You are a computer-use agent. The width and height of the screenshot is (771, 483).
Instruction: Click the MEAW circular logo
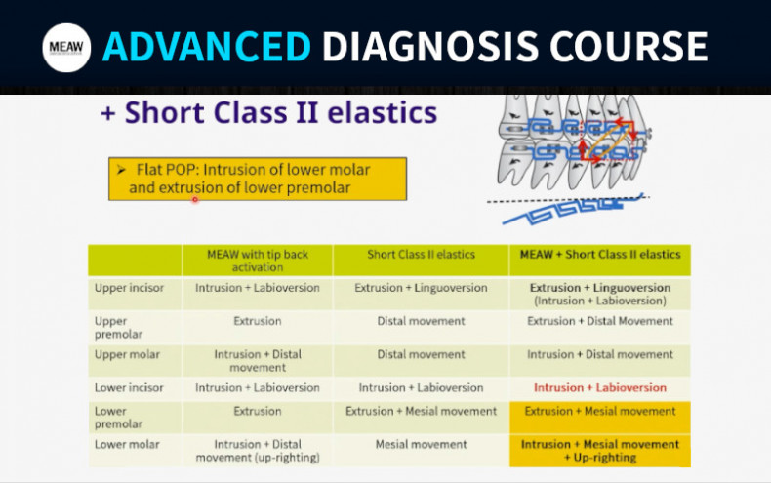tap(66, 47)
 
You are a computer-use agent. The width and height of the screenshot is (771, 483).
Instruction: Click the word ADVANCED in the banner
tap(207, 46)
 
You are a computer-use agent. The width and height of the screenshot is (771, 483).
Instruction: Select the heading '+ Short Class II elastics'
tap(269, 113)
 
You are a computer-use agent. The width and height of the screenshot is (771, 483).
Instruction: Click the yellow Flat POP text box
tap(258, 178)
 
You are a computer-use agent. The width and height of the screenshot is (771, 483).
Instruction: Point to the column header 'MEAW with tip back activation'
tap(258, 261)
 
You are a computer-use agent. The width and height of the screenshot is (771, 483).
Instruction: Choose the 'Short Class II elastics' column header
tap(421, 255)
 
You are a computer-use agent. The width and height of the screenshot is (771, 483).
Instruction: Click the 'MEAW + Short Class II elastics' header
tap(599, 255)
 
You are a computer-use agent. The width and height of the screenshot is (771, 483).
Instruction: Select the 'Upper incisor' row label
tap(130, 289)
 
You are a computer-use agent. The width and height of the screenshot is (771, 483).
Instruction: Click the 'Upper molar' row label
tap(126, 354)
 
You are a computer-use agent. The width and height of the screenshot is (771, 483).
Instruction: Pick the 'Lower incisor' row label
tap(129, 387)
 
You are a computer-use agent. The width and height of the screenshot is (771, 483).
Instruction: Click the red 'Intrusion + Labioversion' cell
tap(599, 387)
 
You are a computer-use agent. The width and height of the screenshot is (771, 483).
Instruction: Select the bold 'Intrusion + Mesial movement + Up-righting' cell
tap(599, 451)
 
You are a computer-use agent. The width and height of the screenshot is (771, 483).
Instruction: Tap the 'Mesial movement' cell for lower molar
tap(421, 444)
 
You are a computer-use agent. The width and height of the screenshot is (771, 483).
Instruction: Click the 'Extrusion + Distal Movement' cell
tap(599, 321)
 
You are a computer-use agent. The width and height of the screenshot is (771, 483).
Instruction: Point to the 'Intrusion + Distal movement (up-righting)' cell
tap(258, 451)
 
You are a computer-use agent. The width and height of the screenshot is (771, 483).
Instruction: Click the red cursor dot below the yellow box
tap(195, 199)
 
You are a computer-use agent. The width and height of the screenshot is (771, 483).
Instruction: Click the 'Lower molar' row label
tap(127, 444)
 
